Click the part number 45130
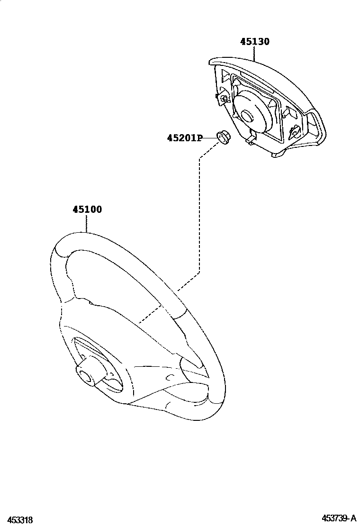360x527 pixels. coord(254,42)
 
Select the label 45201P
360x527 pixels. coord(184,138)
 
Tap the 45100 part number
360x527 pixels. coord(87,209)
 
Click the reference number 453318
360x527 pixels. coord(17,520)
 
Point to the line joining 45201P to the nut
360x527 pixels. coord(209,138)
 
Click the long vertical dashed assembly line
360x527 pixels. coord(199,213)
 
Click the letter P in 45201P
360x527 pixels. coord(199,138)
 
